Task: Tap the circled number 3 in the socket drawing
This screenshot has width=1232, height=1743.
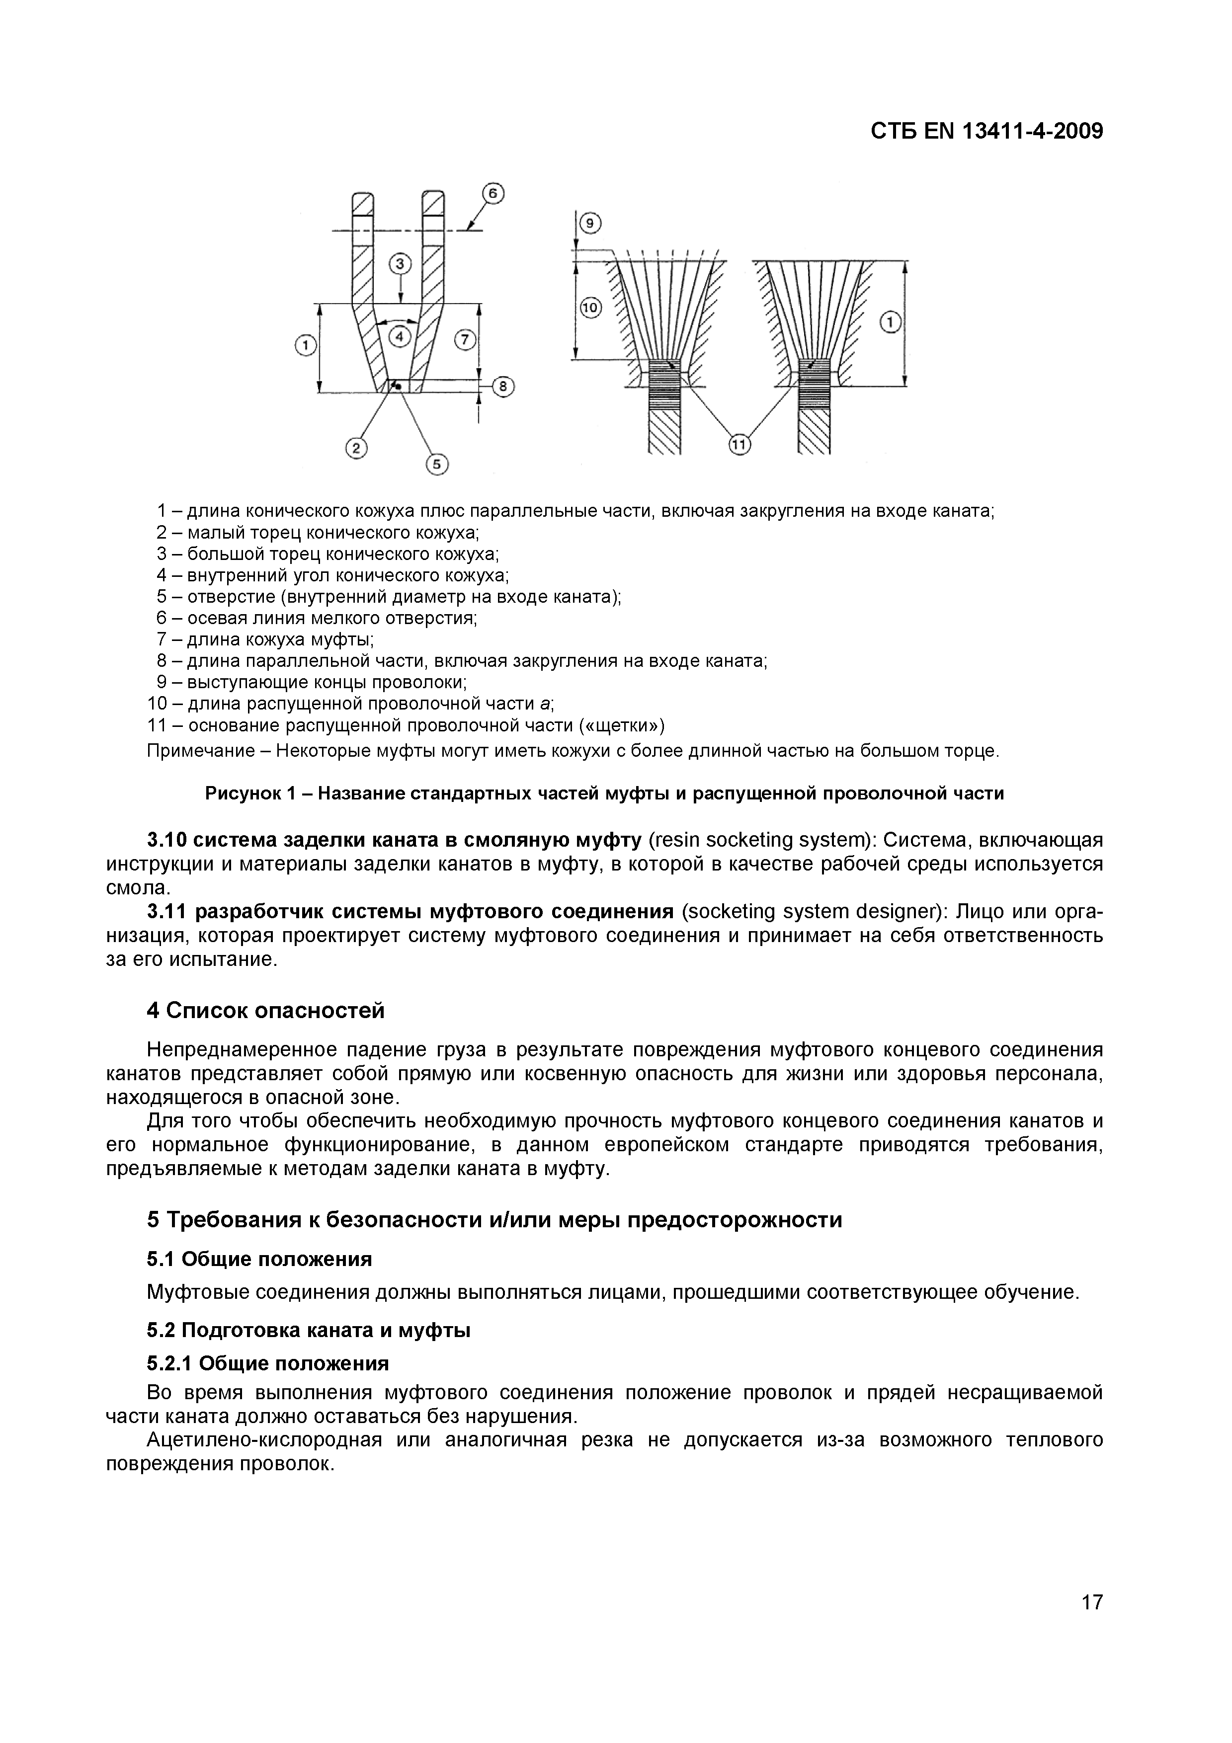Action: tap(400, 264)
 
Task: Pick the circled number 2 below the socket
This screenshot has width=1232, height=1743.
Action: tap(355, 449)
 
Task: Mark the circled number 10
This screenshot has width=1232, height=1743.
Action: tap(590, 308)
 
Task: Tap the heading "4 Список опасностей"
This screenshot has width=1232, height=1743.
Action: tap(266, 1011)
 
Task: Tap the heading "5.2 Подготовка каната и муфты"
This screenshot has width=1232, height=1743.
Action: tap(308, 1330)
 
